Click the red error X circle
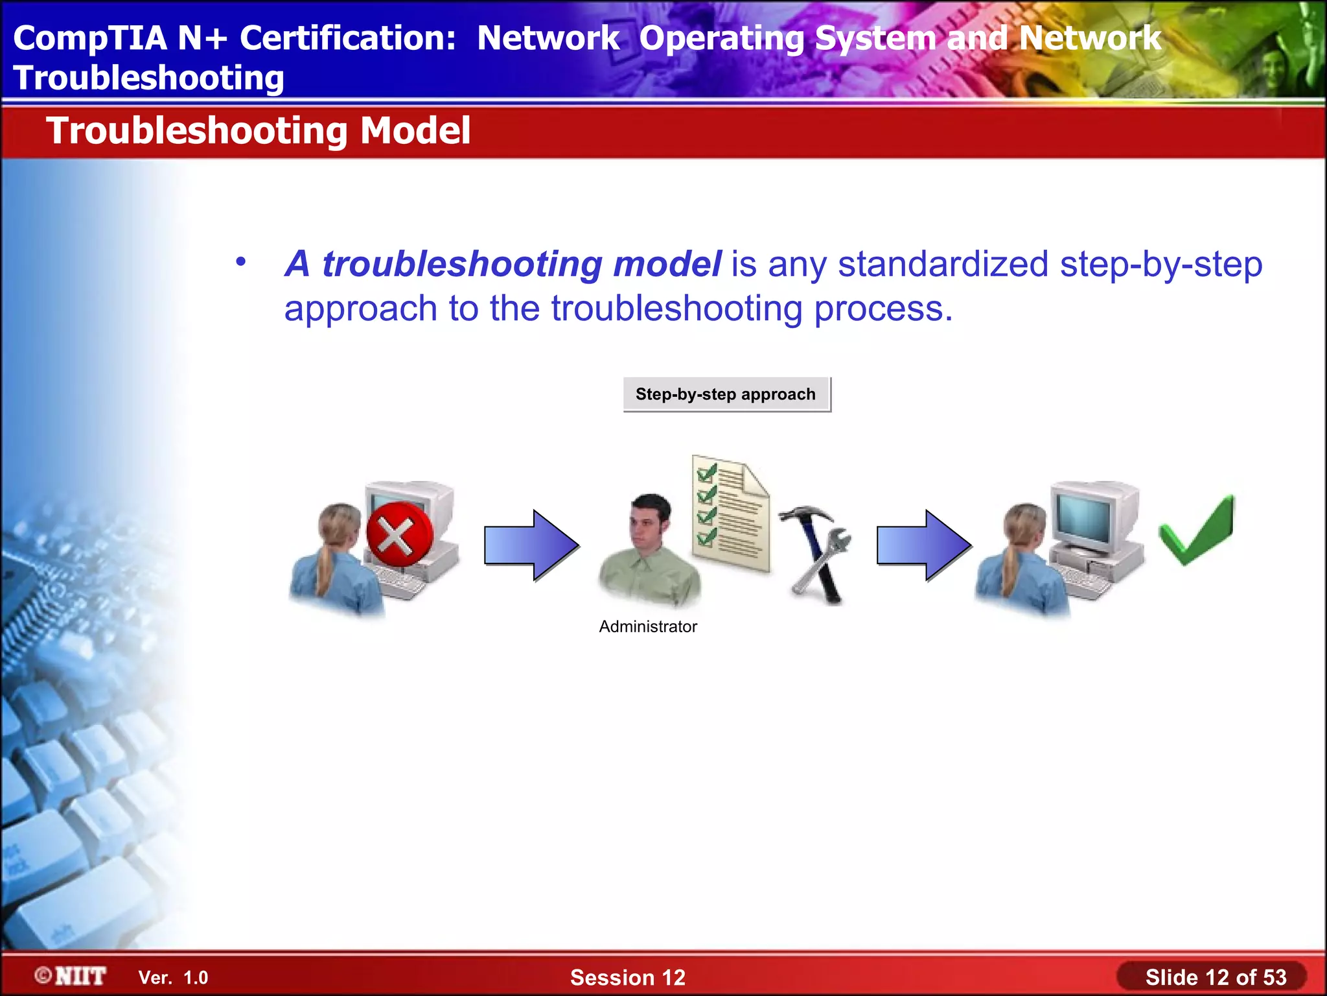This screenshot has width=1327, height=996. click(398, 535)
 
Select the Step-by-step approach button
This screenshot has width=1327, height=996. click(726, 394)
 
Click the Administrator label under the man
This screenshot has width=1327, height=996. click(648, 626)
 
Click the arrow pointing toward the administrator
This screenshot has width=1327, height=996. click(531, 545)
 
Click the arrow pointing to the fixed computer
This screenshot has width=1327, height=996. click(924, 545)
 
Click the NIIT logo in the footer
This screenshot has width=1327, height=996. click(71, 976)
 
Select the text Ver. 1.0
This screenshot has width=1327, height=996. click(173, 977)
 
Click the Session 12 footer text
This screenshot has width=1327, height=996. click(627, 977)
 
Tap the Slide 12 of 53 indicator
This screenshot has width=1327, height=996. click(1215, 977)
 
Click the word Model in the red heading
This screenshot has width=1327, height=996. click(415, 131)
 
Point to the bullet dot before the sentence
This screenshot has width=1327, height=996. click(241, 262)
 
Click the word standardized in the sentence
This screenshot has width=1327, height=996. click(943, 265)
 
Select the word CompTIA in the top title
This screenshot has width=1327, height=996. click(89, 38)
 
